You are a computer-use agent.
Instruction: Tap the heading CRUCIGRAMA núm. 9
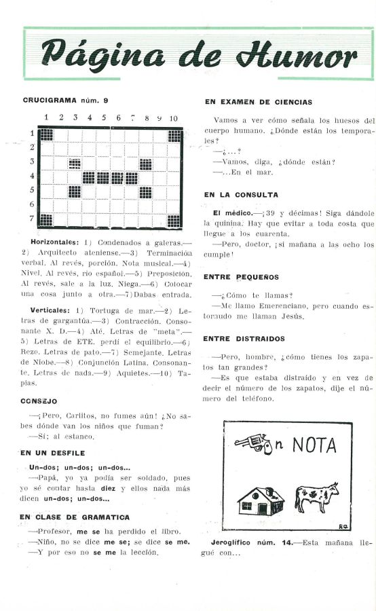66,100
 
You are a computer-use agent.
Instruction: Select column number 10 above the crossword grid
174,117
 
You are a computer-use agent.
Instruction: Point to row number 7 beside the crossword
32,218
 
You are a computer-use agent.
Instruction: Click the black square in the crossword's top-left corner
46,134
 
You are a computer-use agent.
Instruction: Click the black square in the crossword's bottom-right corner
174,221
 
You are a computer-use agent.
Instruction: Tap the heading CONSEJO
39,401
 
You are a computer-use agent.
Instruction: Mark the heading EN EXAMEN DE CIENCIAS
258,103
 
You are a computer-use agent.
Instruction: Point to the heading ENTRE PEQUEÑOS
241,277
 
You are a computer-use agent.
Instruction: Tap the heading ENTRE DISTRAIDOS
244,339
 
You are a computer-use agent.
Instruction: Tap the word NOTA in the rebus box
314,445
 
